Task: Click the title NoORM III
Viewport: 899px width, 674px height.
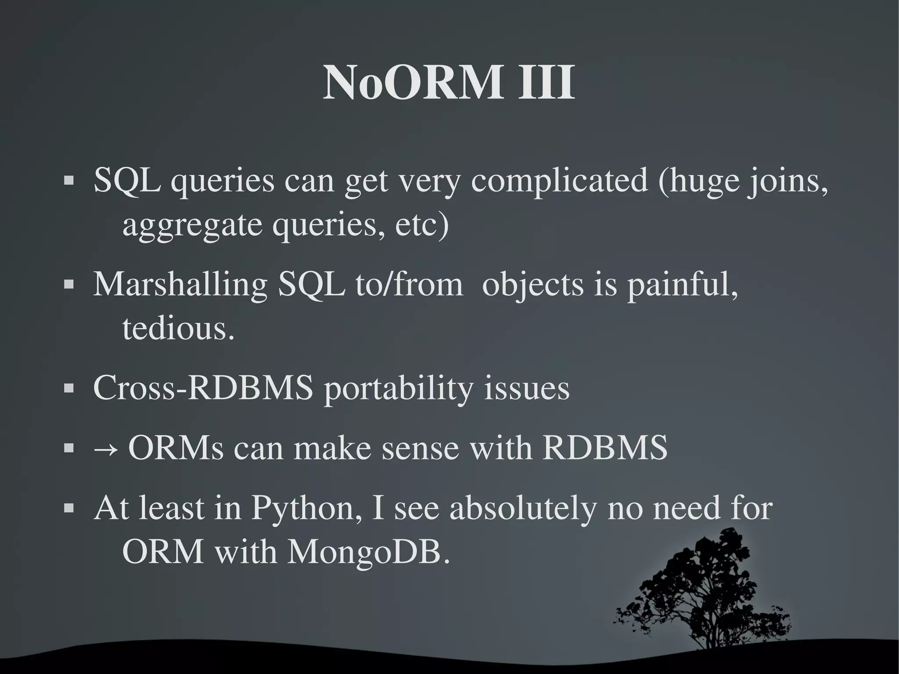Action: (449, 83)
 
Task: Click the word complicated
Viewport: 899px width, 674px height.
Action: (559, 181)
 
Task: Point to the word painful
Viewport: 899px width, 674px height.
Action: (682, 285)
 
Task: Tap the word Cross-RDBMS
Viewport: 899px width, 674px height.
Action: (203, 388)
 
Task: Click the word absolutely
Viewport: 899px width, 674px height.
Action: (523, 508)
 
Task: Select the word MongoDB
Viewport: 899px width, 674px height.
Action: (368, 552)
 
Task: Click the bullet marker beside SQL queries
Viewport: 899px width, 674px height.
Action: (68, 181)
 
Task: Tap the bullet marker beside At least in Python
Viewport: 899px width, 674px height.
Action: (68, 508)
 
